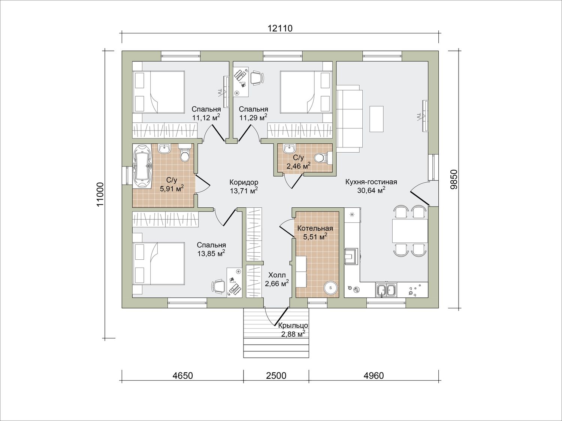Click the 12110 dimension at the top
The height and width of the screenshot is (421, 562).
[280, 28]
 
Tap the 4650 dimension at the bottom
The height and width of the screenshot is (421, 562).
[182, 376]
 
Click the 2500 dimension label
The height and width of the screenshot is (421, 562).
[276, 376]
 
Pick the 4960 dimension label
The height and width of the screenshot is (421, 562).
[374, 376]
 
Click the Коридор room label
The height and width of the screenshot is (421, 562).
[244, 182]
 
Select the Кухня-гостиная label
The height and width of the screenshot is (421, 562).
[371, 182]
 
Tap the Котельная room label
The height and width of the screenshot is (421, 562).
[315, 228]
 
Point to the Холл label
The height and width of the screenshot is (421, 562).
[277, 275]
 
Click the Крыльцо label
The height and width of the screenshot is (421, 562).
[293, 326]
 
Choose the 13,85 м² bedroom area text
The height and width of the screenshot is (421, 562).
[211, 253]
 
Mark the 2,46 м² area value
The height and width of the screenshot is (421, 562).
[299, 166]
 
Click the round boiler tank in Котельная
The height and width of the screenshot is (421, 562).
[331, 288]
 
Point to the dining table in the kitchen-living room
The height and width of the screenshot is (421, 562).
[410, 231]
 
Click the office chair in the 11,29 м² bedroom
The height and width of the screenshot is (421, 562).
[257, 77]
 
